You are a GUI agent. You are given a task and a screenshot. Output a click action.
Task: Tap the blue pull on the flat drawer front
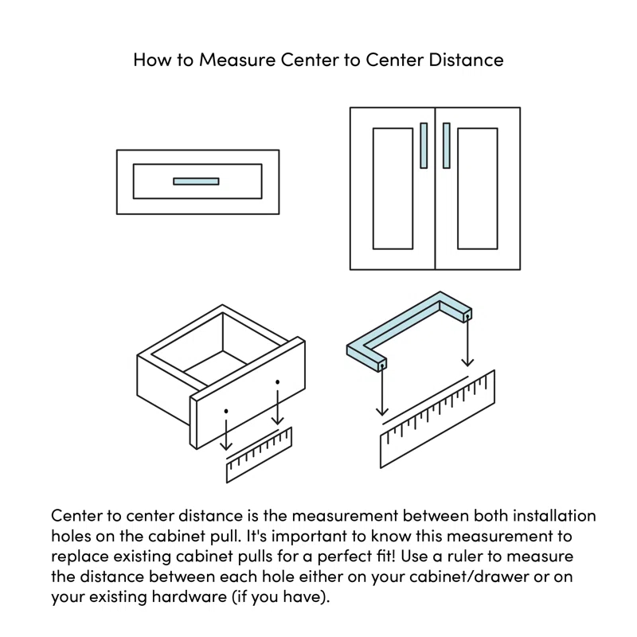(196, 182)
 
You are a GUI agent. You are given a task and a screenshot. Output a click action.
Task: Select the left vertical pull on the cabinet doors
(424, 145)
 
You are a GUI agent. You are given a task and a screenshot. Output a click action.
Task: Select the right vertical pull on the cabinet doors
(447, 145)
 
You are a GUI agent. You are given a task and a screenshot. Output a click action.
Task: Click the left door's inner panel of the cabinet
(393, 188)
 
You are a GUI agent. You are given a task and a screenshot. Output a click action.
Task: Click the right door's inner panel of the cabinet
(478, 188)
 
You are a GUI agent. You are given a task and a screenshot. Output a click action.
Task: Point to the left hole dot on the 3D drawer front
(226, 411)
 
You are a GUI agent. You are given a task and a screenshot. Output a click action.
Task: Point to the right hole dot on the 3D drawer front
(277, 383)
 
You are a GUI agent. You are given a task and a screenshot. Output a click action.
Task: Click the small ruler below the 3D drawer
(260, 456)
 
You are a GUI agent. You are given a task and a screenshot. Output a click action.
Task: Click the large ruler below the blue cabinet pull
(437, 422)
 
